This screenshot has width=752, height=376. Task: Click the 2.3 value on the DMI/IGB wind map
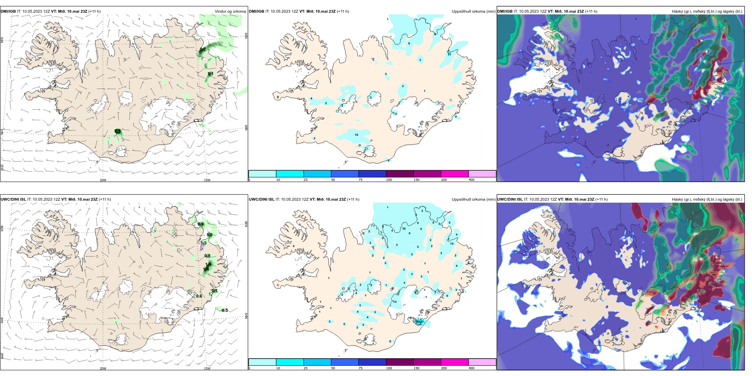point(117,131)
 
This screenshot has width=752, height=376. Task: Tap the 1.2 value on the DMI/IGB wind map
point(203,49)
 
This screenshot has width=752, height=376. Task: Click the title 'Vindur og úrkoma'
point(230,11)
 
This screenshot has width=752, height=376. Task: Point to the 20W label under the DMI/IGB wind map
point(103,180)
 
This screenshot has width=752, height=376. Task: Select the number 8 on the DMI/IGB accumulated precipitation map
point(409,43)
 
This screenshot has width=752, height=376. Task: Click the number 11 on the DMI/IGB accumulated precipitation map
point(449,54)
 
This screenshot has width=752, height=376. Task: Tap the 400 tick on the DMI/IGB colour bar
point(471,180)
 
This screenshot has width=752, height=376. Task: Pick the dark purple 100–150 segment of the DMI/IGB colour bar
point(400,174)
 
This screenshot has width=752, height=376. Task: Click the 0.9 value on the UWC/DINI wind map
point(201,224)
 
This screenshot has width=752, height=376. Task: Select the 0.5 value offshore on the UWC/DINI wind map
point(224,310)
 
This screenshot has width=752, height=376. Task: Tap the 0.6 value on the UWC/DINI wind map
point(199,296)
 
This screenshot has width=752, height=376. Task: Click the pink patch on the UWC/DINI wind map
point(201,247)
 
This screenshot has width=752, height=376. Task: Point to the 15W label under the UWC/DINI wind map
point(207,368)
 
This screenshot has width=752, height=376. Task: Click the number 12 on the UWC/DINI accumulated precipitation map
point(404,228)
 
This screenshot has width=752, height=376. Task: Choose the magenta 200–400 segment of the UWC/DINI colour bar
point(455,362)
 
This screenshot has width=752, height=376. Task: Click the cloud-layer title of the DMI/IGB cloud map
point(707,11)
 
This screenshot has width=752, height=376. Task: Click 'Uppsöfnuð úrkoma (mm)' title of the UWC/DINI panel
point(473,199)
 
